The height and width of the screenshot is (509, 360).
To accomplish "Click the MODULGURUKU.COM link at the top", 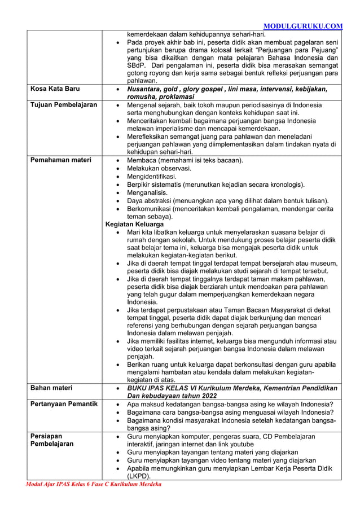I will tap(303, 26).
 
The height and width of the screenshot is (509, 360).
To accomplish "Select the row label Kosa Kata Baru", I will tap(55, 89).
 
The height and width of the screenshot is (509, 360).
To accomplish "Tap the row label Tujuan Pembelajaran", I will tap(63, 105).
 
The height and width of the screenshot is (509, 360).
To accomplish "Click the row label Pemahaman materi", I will tap(60, 160).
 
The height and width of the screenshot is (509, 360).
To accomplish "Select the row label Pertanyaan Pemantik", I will tap(64, 404).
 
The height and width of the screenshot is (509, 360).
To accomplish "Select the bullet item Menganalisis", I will tap(147, 192).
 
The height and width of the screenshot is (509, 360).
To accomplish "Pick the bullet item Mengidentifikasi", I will tap(151, 177).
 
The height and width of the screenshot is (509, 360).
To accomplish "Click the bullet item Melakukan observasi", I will tap(159, 169).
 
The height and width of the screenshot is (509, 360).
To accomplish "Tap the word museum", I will tap(323, 264).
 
